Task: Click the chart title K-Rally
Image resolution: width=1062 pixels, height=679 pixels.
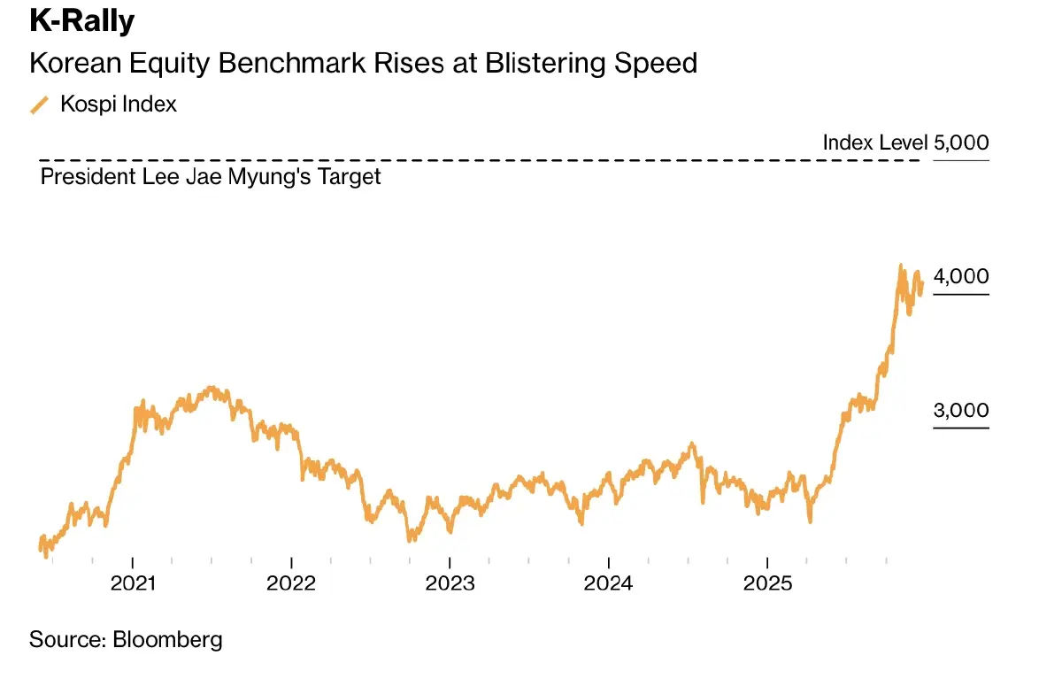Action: click(81, 21)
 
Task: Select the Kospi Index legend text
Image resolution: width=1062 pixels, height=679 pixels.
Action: click(119, 104)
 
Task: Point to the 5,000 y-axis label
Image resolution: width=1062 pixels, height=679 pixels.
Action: click(961, 143)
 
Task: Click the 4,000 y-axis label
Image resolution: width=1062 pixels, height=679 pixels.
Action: click(961, 276)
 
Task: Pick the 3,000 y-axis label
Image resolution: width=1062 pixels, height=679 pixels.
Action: click(961, 411)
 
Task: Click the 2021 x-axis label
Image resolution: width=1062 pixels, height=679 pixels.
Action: click(133, 584)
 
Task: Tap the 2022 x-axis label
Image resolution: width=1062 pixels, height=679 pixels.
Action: click(291, 584)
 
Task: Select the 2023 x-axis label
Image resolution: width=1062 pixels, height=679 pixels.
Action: click(450, 584)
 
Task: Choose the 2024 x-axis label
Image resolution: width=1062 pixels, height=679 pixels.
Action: click(609, 584)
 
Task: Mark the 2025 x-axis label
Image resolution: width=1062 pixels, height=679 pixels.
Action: click(767, 584)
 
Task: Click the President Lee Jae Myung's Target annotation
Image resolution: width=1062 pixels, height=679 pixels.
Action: click(211, 176)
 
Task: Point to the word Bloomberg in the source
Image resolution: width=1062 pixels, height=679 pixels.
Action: click(167, 639)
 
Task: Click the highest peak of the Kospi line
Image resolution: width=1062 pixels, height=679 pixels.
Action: click(901, 265)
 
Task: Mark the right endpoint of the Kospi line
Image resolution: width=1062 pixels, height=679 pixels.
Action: click(922, 285)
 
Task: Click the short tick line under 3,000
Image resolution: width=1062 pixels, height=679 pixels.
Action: click(961, 428)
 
